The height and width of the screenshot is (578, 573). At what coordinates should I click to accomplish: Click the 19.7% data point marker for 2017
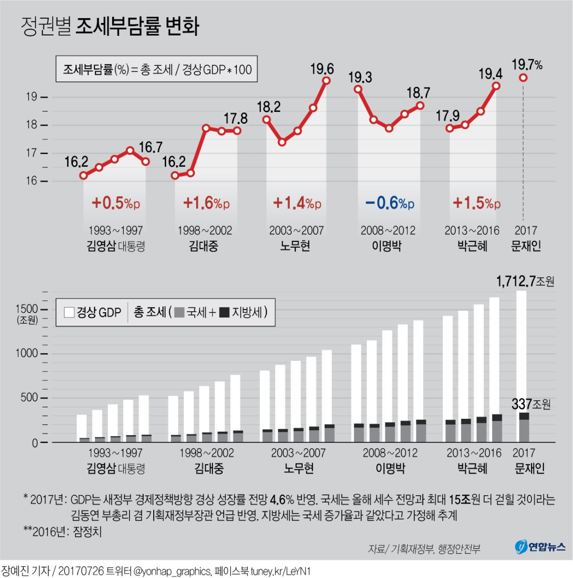(x=523, y=77)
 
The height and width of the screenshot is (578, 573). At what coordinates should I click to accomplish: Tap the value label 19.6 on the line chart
(x=322, y=69)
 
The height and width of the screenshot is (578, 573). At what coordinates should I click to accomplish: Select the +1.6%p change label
(x=206, y=203)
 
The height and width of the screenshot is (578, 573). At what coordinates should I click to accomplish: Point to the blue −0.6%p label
(x=389, y=203)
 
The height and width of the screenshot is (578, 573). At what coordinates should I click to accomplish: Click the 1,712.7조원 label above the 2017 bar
(x=525, y=281)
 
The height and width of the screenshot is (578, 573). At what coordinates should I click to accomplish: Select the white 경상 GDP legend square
(x=69, y=312)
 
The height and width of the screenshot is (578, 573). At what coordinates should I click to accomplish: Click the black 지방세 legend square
(x=224, y=313)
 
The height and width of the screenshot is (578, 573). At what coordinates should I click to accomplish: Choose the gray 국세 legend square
(x=179, y=313)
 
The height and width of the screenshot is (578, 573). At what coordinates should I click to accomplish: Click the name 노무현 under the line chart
(x=295, y=246)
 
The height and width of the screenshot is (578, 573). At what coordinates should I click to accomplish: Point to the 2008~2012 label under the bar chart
(x=390, y=453)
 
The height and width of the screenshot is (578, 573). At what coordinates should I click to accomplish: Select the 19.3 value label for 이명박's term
(x=360, y=77)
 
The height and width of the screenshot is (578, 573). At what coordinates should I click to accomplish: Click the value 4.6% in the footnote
(x=282, y=500)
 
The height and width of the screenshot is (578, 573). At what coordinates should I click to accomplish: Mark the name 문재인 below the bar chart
(x=529, y=469)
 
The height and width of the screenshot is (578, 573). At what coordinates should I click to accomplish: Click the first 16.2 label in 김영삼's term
(x=76, y=162)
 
